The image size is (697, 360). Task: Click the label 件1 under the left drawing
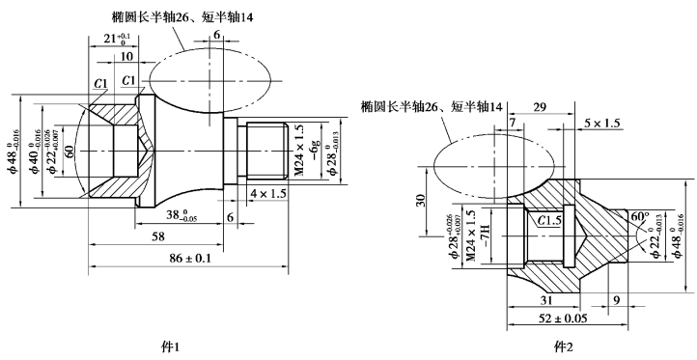coord(171,346)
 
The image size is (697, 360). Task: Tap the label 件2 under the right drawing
coord(562,346)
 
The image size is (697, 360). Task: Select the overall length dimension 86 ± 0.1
coord(188,258)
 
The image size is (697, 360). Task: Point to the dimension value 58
coord(157,236)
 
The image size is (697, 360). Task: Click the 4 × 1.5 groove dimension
coord(267,193)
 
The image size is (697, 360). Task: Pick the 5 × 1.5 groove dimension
coord(601,124)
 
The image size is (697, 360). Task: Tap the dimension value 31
coord(546,300)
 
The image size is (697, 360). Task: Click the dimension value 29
coord(540,107)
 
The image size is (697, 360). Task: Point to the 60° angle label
coord(640,217)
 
